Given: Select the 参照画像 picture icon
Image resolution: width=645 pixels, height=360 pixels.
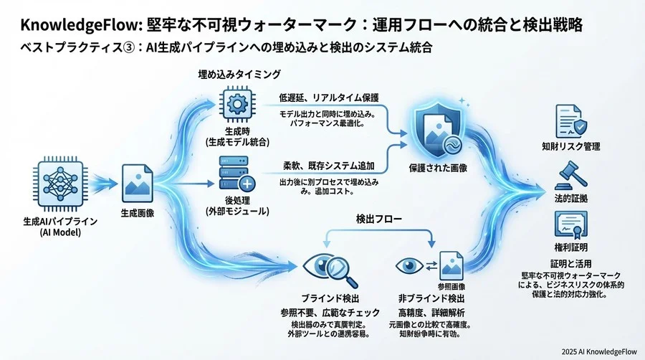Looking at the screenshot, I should pyautogui.click(x=451, y=264).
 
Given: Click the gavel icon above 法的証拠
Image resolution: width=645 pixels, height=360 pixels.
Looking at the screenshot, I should pyautogui.click(x=570, y=173).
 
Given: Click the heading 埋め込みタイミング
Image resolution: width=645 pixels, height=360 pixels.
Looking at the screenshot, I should pyautogui.click(x=239, y=74).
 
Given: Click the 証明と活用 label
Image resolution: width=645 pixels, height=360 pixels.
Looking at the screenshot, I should pyautogui.click(x=570, y=264).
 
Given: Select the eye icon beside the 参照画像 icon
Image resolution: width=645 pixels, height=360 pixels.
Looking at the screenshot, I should pyautogui.click(x=410, y=265).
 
